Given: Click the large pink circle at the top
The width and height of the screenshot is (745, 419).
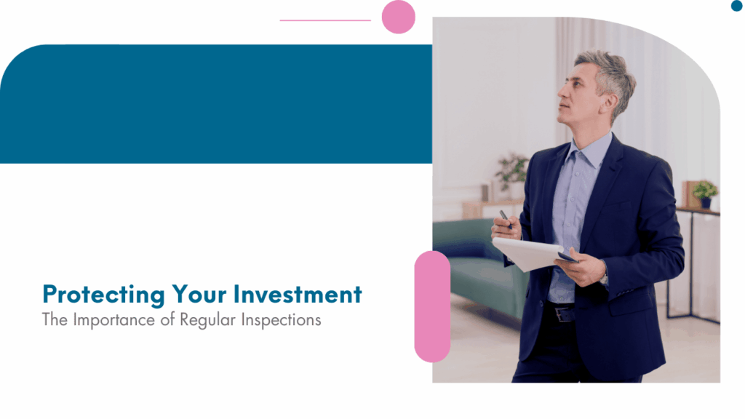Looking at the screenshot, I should tap(399, 17).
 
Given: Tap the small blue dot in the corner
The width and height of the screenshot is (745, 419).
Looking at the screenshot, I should tap(736, 6).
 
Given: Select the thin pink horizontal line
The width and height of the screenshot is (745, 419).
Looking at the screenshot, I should tap(325, 20).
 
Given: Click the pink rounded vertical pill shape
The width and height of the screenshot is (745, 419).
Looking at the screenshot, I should tap(432, 306).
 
